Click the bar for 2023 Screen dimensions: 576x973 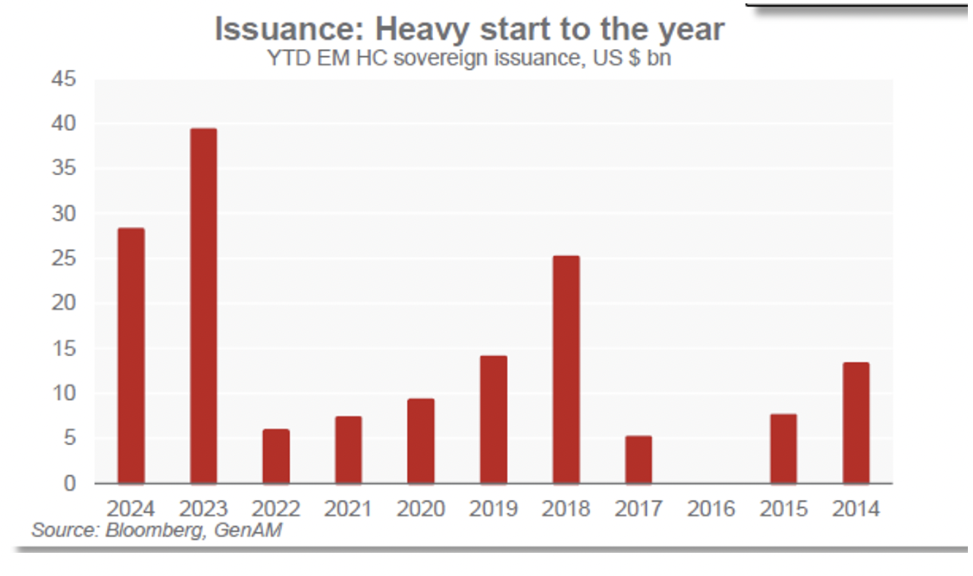[204, 306]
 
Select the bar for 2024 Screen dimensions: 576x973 [131, 355]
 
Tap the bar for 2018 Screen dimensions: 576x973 [566, 369]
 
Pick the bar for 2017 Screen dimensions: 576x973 [638, 460]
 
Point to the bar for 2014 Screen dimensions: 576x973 [856, 423]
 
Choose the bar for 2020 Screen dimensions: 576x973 [421, 441]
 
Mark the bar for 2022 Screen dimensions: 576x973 [276, 456]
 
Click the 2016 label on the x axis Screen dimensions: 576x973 [711, 509]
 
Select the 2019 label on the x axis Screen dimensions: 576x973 [493, 509]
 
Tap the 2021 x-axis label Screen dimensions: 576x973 [348, 509]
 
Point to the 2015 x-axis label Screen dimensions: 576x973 [783, 509]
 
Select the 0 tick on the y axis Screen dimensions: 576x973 [68, 483]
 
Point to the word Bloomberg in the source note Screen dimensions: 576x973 [155, 529]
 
